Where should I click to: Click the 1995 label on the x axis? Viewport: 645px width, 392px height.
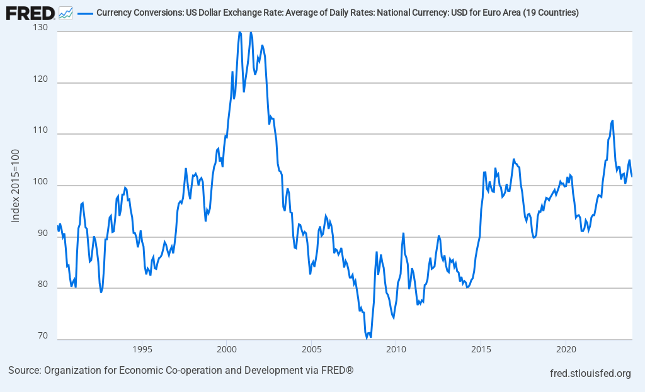pos(142,349)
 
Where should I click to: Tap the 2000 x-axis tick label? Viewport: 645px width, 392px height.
pos(227,349)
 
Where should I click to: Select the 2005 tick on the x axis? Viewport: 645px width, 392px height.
pos(311,349)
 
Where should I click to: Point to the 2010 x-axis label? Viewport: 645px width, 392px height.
pos(396,349)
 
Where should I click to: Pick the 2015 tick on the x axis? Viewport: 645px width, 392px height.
pos(481,349)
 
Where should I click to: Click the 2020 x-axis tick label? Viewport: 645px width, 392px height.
pos(566,349)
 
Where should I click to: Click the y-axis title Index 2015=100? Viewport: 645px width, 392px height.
pos(16,186)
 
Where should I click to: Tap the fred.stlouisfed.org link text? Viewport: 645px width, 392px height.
pos(590,374)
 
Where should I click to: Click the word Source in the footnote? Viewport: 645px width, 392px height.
pos(23,370)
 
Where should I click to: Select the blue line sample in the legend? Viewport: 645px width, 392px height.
pos(85,13)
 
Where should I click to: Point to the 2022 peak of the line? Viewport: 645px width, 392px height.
pos(612,121)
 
